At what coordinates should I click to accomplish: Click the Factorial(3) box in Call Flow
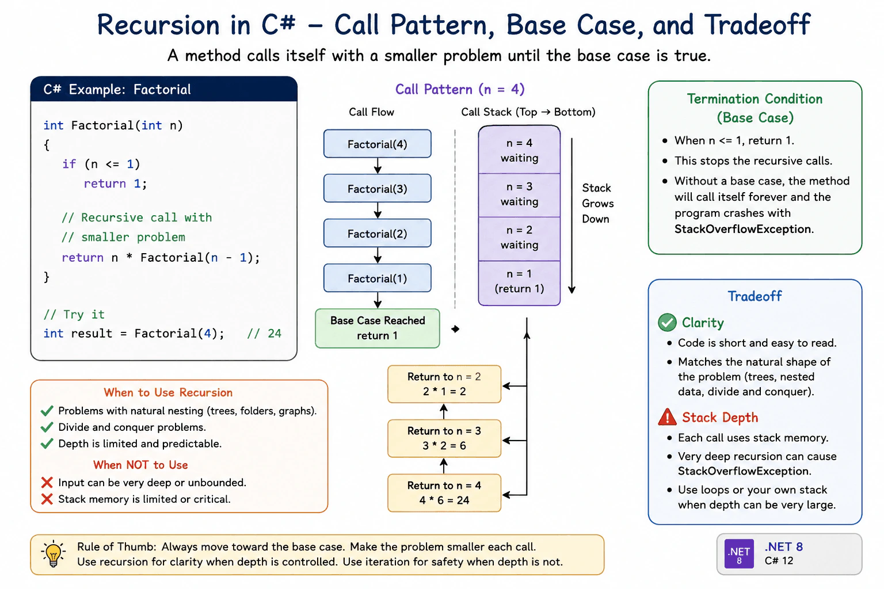378,188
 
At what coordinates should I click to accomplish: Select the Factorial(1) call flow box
378,278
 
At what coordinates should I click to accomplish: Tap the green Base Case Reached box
378,328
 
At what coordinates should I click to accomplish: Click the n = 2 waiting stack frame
519,239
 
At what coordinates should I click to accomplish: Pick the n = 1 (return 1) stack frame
519,282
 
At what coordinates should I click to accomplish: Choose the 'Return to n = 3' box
444,438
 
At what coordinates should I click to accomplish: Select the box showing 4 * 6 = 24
444,493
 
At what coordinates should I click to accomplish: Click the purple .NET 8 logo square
739,553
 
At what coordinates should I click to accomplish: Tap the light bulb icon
54,554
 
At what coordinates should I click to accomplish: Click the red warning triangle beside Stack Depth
668,418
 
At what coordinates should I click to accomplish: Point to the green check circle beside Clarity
668,323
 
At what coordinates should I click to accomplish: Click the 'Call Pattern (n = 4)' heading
460,90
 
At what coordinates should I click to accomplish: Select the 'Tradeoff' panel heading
755,296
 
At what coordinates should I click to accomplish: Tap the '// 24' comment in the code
264,334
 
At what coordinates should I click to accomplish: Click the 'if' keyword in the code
68,164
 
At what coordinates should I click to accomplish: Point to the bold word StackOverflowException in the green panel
742,229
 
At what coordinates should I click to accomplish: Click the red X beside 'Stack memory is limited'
47,499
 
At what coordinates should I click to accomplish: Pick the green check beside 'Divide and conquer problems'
47,427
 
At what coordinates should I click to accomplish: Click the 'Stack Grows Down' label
597,203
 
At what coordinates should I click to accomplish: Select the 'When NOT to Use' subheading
140,465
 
